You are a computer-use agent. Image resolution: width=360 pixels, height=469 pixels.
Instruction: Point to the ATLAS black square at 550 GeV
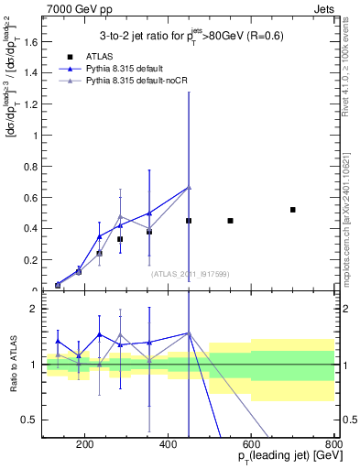tap(230, 221)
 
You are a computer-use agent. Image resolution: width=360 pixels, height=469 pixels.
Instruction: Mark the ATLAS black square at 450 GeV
tap(189, 221)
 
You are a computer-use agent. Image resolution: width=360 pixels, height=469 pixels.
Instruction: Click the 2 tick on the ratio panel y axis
tap(37, 309)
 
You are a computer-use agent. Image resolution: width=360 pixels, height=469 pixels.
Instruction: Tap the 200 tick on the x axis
tap(85, 445)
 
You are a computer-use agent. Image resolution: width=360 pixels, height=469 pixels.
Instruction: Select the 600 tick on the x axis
tap(251, 445)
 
